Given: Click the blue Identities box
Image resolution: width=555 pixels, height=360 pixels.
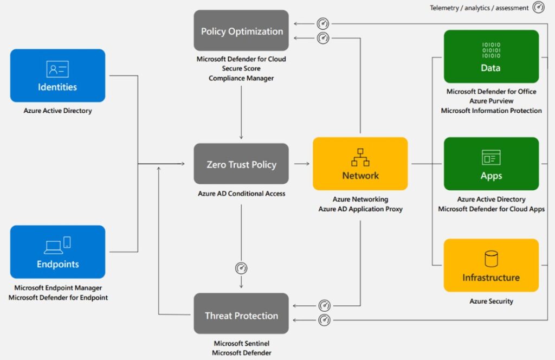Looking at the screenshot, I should (57, 75).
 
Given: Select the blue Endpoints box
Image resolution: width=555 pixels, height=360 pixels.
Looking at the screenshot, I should (57, 252).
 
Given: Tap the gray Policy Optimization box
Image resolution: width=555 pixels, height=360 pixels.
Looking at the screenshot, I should (241, 30).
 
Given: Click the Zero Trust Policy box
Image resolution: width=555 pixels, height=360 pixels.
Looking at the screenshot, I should (241, 164).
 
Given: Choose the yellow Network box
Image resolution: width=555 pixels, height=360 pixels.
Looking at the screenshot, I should (360, 163).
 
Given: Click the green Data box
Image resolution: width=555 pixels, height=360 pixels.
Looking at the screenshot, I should (491, 56).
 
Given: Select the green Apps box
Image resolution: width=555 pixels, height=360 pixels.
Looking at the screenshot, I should (491, 163).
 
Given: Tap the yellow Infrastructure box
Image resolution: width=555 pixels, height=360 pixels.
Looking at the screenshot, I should (491, 265).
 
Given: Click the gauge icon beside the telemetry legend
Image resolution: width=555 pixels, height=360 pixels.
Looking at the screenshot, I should (538, 8).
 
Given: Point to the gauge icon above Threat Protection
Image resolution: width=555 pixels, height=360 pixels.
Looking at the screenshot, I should (241, 268).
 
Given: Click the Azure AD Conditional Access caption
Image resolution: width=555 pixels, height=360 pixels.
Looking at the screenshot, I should (241, 194).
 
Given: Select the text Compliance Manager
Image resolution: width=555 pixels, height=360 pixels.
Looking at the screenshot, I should (241, 78).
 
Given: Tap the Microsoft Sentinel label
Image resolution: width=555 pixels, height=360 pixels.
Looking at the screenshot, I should (241, 343).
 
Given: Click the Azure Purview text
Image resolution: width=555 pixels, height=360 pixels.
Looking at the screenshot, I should (491, 101).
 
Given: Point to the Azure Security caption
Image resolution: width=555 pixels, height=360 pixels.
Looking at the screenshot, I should (491, 301).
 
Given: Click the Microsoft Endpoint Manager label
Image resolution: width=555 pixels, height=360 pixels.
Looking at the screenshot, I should (58, 288).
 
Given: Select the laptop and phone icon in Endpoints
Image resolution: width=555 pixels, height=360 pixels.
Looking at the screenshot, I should (57, 245).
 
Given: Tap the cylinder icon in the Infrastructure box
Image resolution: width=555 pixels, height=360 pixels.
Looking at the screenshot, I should (491, 258).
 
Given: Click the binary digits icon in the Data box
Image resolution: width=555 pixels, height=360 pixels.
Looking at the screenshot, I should (491, 50).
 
